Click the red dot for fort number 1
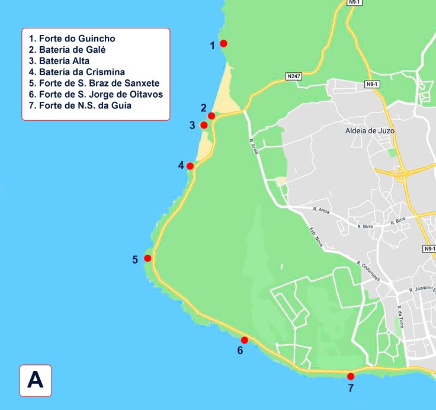pyautogui.click(x=223, y=43)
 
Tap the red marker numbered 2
pyautogui.click(x=211, y=116)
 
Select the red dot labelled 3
pyautogui.click(x=204, y=125)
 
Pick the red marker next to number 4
pyautogui.click(x=190, y=166)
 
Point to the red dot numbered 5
pyautogui.click(x=148, y=258)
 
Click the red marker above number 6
pyautogui.click(x=244, y=339)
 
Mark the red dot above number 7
pyautogui.click(x=351, y=376)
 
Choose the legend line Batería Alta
pyautogui.click(x=63, y=61)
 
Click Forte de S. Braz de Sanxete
pyautogui.click(x=94, y=83)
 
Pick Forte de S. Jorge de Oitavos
pyautogui.click(x=96, y=94)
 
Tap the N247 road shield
pyautogui.click(x=293, y=76)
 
